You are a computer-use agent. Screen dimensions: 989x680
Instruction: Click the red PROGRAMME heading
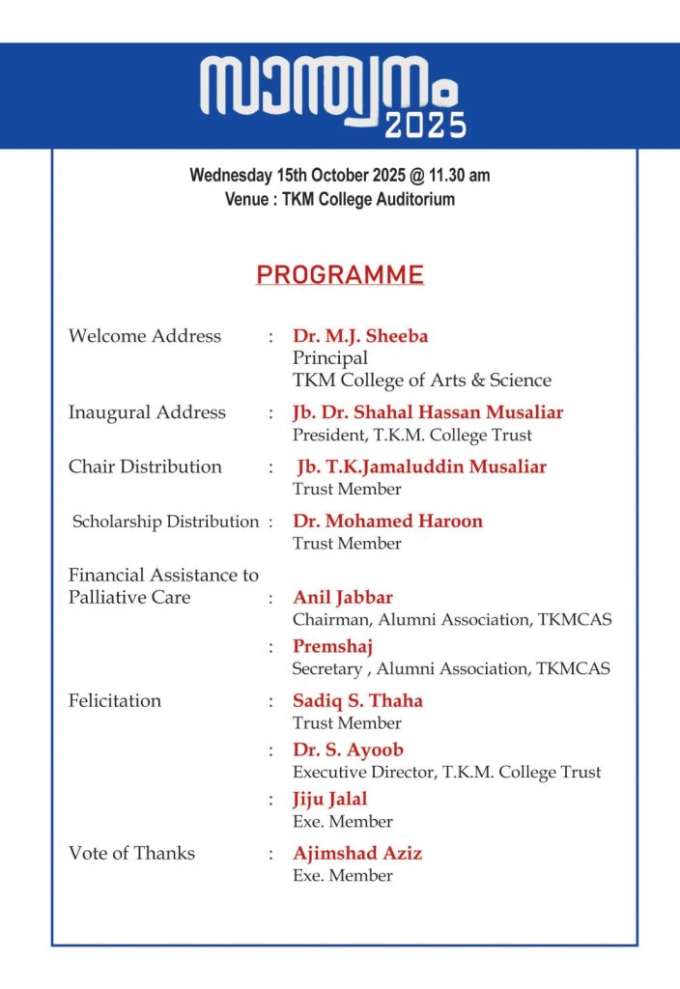point(340,275)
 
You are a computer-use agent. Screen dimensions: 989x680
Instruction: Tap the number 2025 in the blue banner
point(425,125)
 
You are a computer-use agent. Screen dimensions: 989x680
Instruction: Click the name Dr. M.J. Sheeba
point(360,336)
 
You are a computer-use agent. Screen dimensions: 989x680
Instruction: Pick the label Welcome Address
point(145,336)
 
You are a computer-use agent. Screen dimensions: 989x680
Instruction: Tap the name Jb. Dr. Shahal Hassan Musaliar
point(428,412)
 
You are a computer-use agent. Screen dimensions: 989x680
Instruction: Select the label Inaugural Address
point(147,412)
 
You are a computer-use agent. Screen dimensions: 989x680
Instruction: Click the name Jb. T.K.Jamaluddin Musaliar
point(421,466)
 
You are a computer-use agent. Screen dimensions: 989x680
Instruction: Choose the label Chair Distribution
point(145,466)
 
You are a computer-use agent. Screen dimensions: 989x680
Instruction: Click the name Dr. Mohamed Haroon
point(387,521)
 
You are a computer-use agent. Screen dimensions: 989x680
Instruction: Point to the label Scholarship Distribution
point(166,522)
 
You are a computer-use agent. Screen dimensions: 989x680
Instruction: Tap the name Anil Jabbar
point(343,597)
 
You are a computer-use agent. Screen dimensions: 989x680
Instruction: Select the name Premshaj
point(332,646)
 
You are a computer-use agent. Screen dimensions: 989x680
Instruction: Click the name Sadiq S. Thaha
point(357,700)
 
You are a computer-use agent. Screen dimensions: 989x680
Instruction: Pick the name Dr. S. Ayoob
point(348,749)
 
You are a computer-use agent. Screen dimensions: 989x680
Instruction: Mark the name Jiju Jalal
point(330,799)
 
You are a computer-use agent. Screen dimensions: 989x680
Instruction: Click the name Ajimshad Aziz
point(357,853)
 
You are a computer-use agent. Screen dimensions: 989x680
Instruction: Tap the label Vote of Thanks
point(131,853)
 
